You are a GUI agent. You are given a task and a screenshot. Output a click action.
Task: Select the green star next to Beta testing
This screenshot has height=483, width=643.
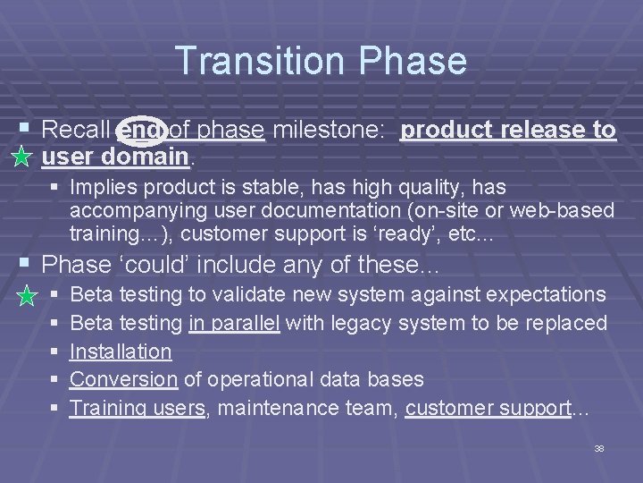pos(28,294)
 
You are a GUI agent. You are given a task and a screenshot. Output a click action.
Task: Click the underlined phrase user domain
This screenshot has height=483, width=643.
pos(115,157)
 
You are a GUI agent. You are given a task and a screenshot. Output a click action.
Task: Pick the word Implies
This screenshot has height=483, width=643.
pos(102,187)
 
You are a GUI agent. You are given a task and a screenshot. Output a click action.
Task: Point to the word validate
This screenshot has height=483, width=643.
pos(252,294)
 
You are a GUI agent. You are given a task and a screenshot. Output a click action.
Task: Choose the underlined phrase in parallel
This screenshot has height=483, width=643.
pos(234,323)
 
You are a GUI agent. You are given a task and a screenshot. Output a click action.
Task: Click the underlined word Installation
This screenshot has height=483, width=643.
pos(120,352)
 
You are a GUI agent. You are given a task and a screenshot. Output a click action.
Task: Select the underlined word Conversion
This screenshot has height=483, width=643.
pos(123,380)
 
